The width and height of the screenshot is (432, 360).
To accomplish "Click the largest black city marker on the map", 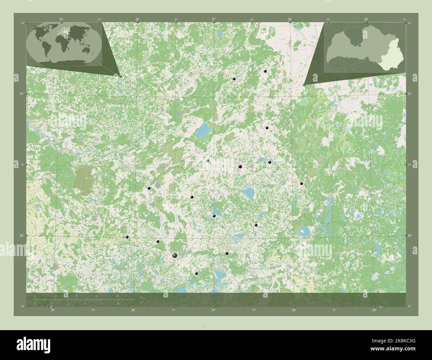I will [x=175, y=255].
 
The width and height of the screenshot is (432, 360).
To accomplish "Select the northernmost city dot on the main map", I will [x=265, y=71].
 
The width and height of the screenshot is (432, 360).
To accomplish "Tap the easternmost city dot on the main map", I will [x=301, y=183].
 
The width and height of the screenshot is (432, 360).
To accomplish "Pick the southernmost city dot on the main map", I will [x=196, y=274].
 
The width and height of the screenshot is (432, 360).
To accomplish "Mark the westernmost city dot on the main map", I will [x=127, y=237].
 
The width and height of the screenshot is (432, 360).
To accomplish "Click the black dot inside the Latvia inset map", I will [x=360, y=45].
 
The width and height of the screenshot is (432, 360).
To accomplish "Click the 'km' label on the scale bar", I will [x=141, y=297].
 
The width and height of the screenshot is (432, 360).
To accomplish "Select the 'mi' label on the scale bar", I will [x=141, y=302].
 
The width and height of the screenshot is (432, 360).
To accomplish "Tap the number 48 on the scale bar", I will [x=97, y=296].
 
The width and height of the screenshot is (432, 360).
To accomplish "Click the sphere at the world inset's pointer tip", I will [x=120, y=76].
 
